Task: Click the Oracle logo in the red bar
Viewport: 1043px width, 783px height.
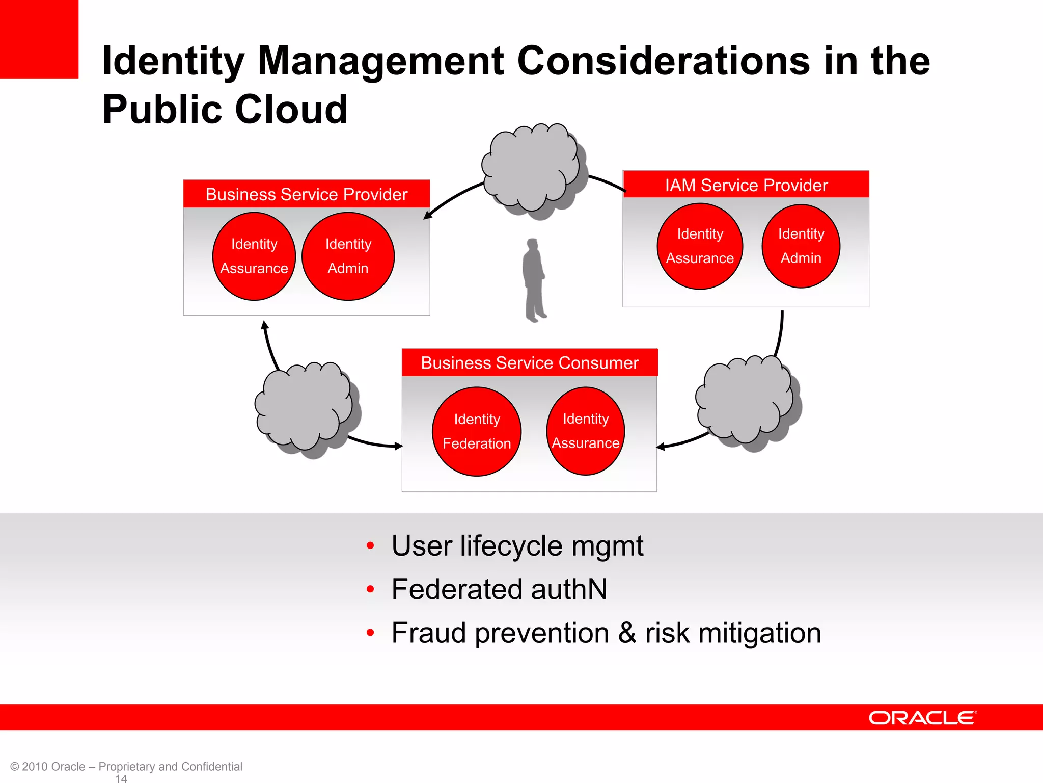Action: pos(922,718)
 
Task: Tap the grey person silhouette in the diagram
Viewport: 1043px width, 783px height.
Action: pos(534,280)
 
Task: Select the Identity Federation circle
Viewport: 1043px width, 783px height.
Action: pos(477,431)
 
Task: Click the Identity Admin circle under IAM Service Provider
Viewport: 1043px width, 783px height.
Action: pos(801,246)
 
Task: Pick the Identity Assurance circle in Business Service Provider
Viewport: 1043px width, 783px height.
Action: pos(254,256)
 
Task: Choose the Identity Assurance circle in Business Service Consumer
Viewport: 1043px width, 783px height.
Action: pos(586,431)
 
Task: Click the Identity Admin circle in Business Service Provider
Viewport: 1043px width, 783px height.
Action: pos(348,256)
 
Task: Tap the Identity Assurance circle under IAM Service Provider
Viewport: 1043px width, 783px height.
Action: pos(700,246)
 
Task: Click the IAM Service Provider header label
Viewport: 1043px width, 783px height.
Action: pos(746,185)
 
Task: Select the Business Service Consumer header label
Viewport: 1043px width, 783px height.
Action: pos(530,363)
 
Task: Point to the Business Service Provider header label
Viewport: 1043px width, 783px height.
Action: pos(307,194)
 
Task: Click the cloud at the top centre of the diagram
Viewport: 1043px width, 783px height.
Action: pos(532,168)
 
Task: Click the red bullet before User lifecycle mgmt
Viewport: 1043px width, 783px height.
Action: pos(370,546)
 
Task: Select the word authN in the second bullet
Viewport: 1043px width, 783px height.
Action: pos(569,589)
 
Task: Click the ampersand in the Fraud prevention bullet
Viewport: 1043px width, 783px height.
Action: pos(627,633)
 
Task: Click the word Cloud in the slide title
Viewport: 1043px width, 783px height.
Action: pos(291,109)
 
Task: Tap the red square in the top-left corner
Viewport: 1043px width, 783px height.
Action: pos(39,39)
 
